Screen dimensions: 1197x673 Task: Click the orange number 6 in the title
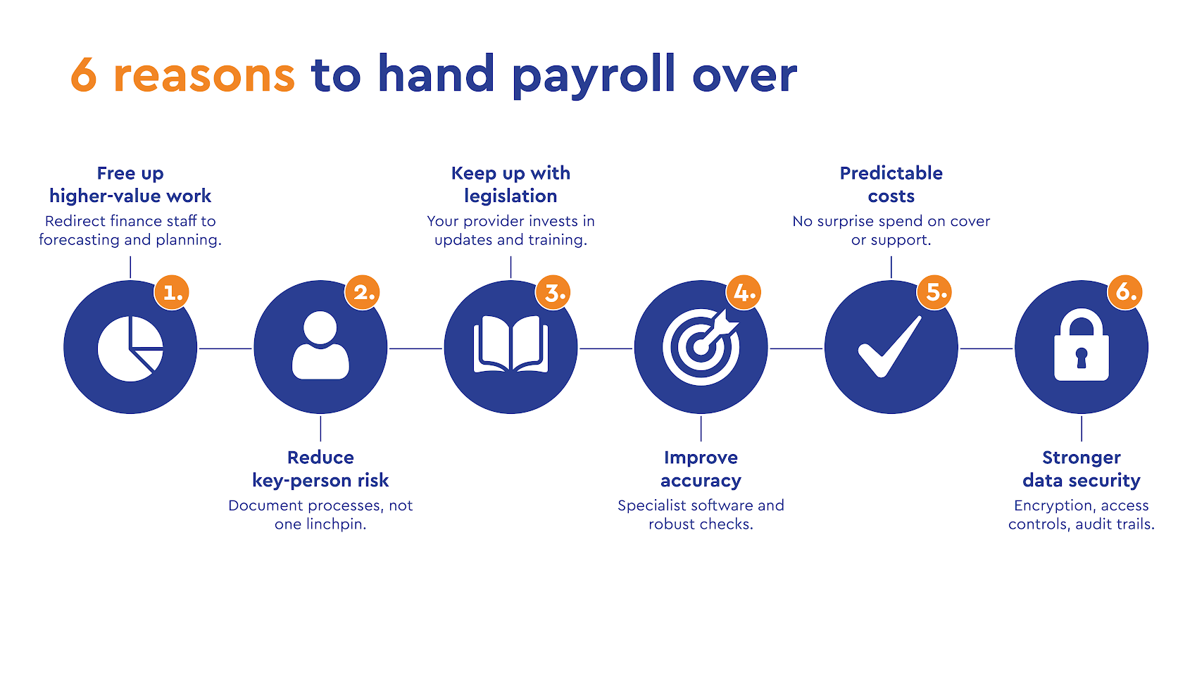click(83, 75)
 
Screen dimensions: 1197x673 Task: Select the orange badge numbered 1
click(172, 292)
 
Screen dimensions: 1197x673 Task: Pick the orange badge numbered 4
click(744, 292)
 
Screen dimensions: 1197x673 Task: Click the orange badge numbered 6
click(1125, 292)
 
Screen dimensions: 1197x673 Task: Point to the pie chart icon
click(130, 348)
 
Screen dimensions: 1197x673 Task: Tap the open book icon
click(511, 344)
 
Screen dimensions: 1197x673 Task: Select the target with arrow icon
click(701, 346)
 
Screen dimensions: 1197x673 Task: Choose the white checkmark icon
click(890, 347)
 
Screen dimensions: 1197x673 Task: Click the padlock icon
click(1082, 345)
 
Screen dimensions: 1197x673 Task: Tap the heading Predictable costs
click(891, 185)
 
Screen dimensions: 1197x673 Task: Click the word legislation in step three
click(511, 196)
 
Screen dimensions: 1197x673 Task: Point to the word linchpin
click(337, 524)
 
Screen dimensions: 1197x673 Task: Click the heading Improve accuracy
click(701, 469)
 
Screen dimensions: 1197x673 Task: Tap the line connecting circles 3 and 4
click(606, 348)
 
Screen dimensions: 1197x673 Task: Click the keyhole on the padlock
click(1082, 358)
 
